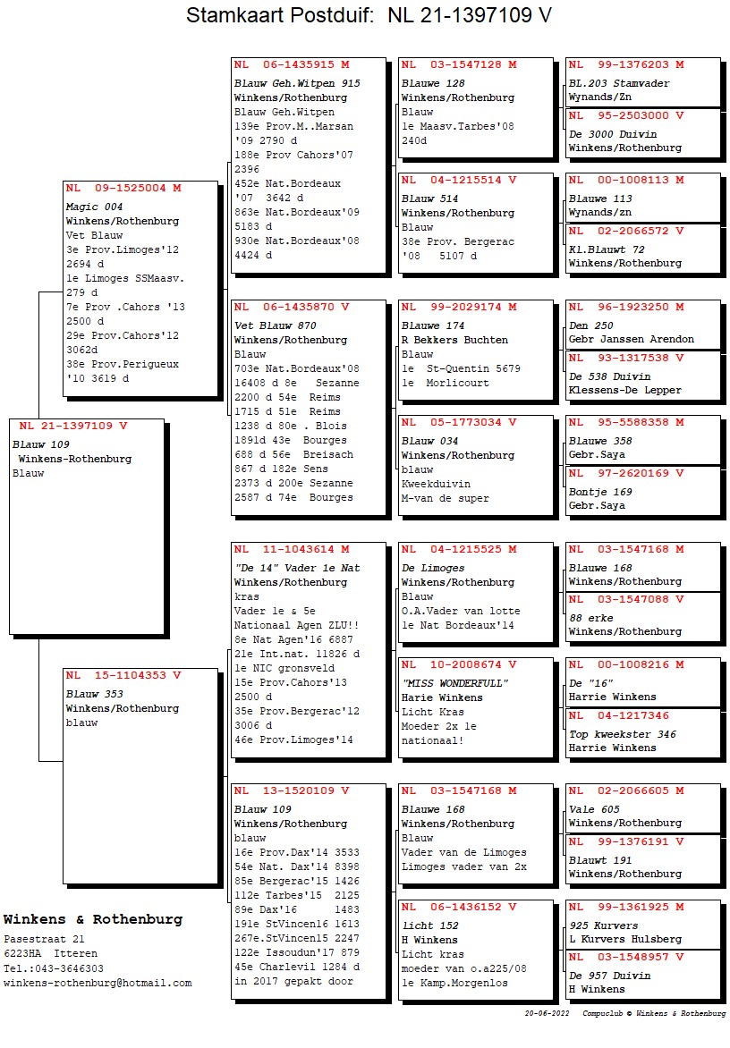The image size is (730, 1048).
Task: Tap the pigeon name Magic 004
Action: point(94,207)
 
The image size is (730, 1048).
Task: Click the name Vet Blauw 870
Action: point(275,325)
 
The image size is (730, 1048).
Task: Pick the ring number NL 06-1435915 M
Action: point(292,64)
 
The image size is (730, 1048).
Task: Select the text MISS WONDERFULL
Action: point(455,683)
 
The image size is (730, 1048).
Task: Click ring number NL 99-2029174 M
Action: point(459,307)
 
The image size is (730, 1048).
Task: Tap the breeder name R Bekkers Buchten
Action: point(454,340)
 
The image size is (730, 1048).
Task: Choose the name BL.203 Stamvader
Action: point(619,83)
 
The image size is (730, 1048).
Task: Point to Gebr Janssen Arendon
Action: point(631,340)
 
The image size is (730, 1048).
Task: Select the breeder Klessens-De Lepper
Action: point(624,390)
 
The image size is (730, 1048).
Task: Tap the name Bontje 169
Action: point(600,492)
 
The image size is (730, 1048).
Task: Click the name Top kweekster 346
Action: point(623,734)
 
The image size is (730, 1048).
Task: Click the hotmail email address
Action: point(98,983)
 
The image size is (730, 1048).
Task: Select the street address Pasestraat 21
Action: point(44,939)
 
